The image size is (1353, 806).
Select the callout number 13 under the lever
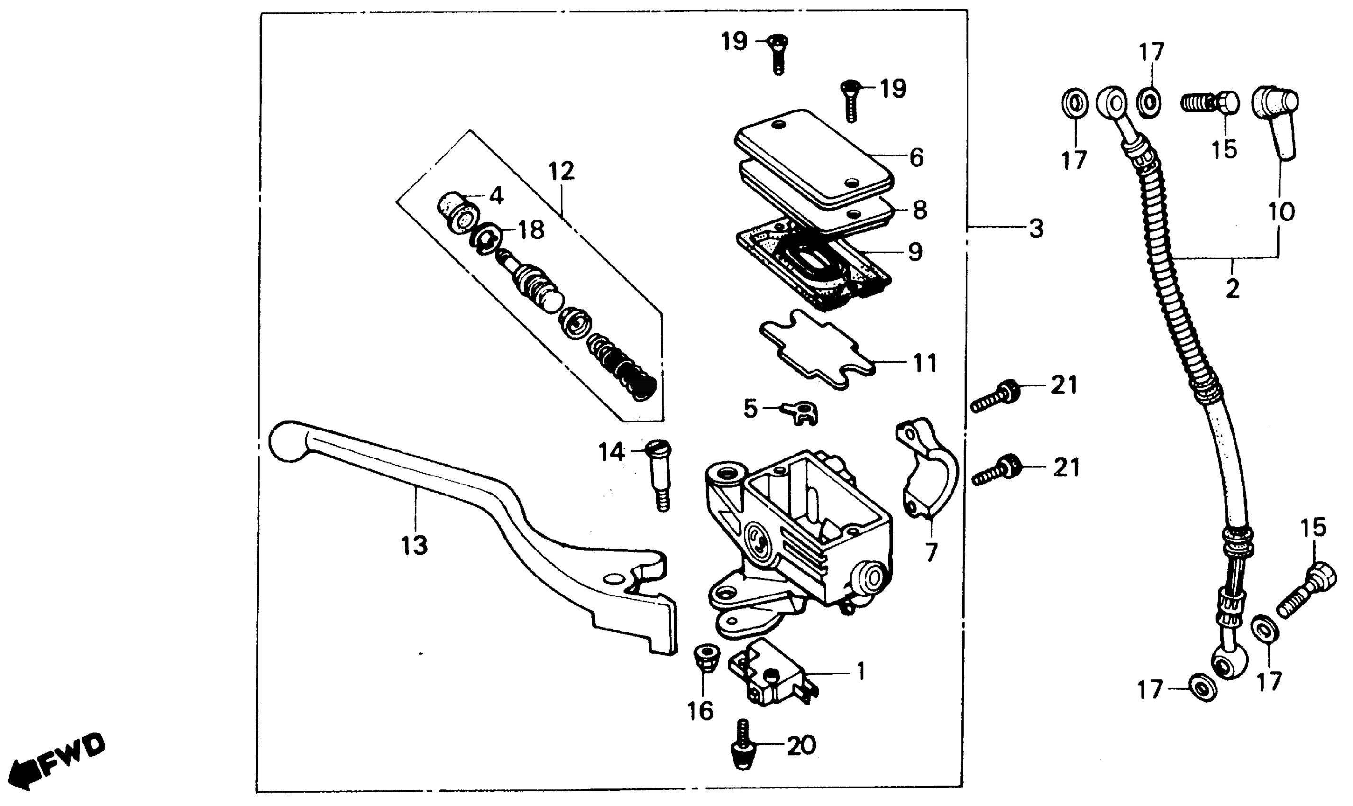(414, 545)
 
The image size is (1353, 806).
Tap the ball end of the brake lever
(288, 443)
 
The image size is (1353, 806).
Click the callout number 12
(561, 172)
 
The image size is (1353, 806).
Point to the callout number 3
(1036, 229)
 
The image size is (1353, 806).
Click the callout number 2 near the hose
(1233, 289)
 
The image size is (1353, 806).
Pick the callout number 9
(915, 252)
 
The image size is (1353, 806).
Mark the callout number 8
(919, 210)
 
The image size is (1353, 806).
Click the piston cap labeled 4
(457, 213)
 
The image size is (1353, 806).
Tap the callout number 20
(801, 746)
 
